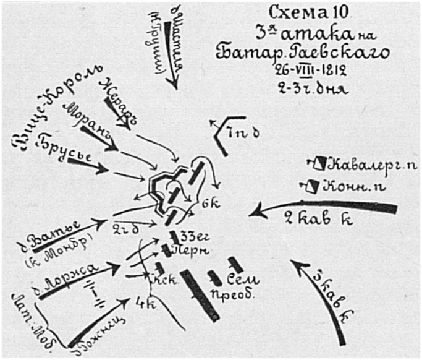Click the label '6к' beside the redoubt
(207, 205)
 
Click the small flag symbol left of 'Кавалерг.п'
(319, 164)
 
